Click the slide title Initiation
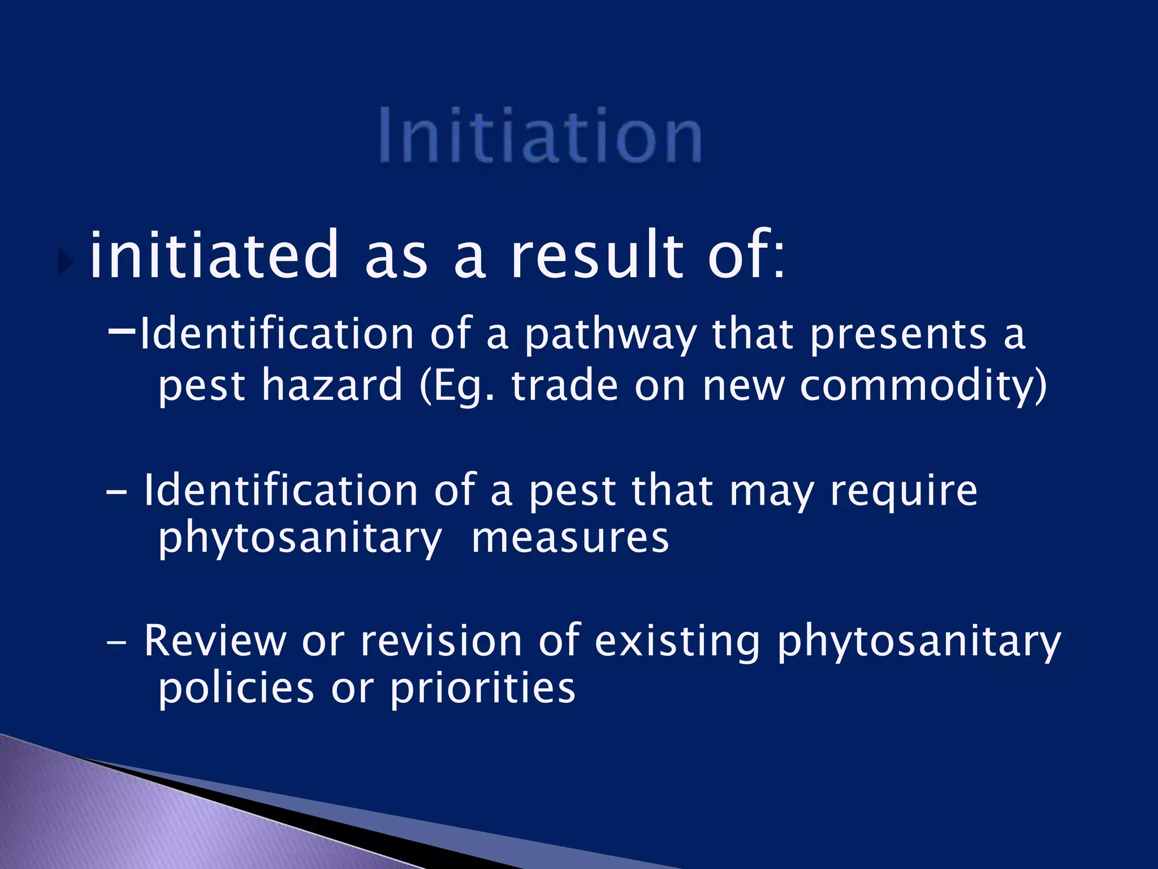point(540,136)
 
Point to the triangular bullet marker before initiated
point(67,261)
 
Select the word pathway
point(611,335)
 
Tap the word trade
point(565,386)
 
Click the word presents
point(898,335)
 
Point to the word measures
point(570,539)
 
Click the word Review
point(215,641)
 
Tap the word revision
point(441,641)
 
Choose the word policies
point(236,690)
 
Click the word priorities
point(483,690)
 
